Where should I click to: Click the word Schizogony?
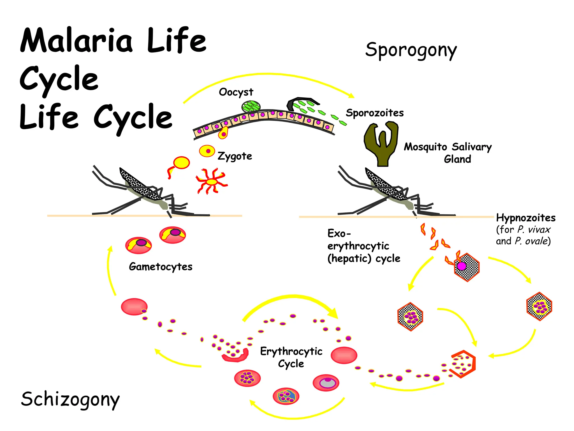pyautogui.click(x=70, y=399)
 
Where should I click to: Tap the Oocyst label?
pyautogui.click(x=236, y=92)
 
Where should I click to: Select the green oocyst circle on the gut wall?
pyautogui.click(x=251, y=106)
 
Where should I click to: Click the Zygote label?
pyautogui.click(x=235, y=156)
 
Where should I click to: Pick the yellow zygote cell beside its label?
pyautogui.click(x=207, y=151)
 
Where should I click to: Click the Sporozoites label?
pyautogui.click(x=375, y=113)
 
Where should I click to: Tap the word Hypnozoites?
pyautogui.click(x=526, y=218)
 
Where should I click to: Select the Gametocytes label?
pyautogui.click(x=161, y=267)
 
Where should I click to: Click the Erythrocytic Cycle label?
pyautogui.click(x=291, y=357)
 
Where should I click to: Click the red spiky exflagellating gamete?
pyautogui.click(x=212, y=182)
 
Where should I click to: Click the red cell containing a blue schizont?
pyautogui.click(x=286, y=396)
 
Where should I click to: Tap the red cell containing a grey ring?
pyautogui.click(x=326, y=383)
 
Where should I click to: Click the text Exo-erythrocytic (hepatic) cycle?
pyautogui.click(x=364, y=246)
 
